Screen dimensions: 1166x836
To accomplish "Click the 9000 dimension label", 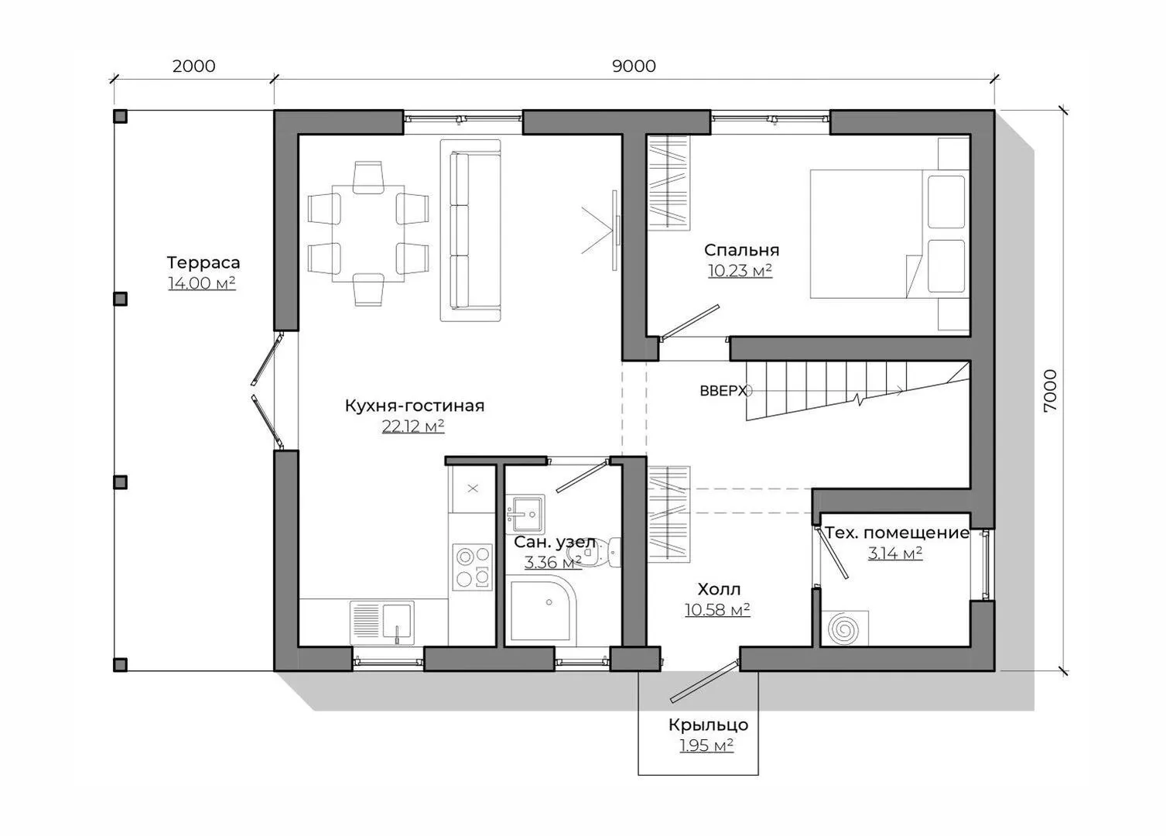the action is [x=634, y=66].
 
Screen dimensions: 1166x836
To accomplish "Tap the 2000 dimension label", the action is [x=193, y=66].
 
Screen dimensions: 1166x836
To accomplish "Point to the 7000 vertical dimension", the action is [x=1051, y=391].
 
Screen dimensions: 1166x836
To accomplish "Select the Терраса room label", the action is [x=203, y=262].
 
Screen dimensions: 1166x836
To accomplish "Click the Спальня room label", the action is [x=741, y=250].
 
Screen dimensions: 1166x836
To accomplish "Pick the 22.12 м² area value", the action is [x=413, y=426].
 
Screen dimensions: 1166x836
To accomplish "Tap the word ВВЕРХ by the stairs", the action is [x=723, y=391].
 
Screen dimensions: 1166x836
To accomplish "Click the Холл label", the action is [x=718, y=589].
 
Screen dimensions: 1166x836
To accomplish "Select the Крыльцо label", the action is [x=709, y=725].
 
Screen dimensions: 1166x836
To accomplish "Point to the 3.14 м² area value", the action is [x=894, y=553].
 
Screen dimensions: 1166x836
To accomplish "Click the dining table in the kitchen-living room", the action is [x=368, y=233].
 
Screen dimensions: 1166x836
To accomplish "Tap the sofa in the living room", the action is [x=471, y=230].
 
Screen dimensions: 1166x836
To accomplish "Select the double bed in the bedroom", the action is [x=890, y=234].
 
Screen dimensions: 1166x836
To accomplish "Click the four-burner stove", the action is [x=472, y=567].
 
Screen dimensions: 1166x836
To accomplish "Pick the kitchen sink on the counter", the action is [x=382, y=622].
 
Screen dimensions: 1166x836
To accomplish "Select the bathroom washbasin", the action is [x=525, y=513].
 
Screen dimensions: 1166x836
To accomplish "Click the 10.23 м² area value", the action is [x=740, y=271].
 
